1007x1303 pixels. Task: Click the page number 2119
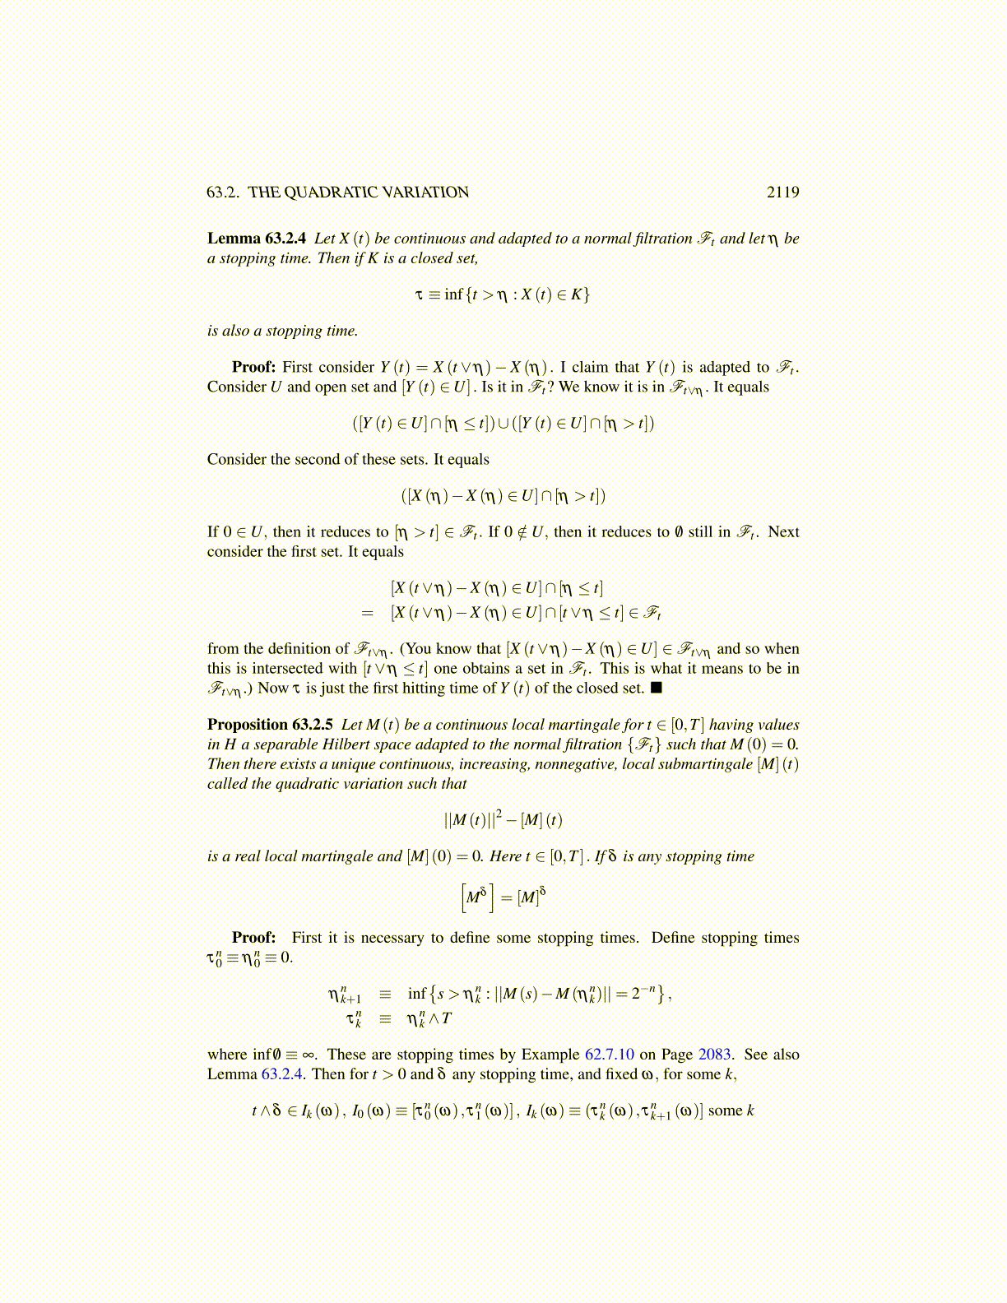(782, 192)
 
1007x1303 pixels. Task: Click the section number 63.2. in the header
(224, 192)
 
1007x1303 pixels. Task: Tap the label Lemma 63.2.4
(257, 239)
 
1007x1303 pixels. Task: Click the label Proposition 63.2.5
(270, 725)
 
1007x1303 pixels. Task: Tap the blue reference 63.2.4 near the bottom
(283, 1074)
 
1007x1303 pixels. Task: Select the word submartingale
(708, 764)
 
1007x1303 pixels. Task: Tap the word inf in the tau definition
(453, 294)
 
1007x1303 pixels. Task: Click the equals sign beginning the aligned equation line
(367, 613)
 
